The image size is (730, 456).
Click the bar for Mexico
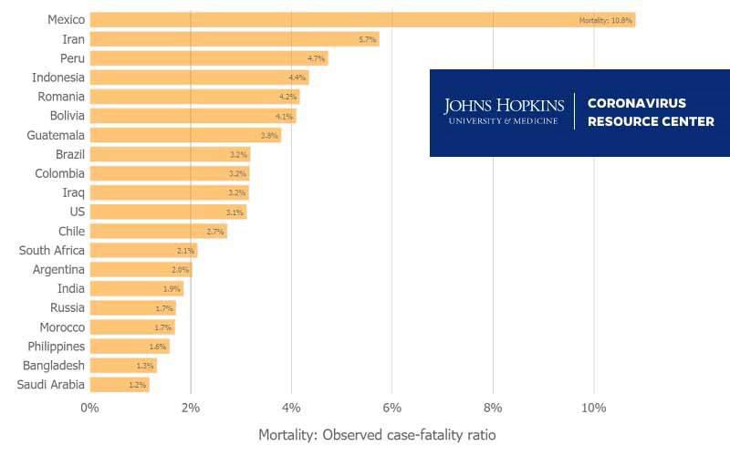click(362, 19)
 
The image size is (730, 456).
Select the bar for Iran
click(235, 39)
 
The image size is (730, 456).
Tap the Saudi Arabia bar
click(120, 385)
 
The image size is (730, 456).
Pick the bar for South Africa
click(143, 250)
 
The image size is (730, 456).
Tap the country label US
click(77, 212)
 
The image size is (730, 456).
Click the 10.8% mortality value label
click(606, 20)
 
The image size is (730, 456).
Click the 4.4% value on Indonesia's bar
click(297, 78)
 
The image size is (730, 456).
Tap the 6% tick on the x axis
click(391, 407)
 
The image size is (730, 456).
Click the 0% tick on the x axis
click(89, 407)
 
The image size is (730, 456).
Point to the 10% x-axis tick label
click(593, 407)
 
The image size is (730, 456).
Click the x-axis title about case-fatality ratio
click(378, 435)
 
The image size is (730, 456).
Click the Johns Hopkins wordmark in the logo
click(504, 111)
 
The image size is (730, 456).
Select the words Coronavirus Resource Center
click(651, 112)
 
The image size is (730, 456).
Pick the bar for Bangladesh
click(123, 366)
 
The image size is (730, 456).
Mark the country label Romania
click(61, 97)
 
